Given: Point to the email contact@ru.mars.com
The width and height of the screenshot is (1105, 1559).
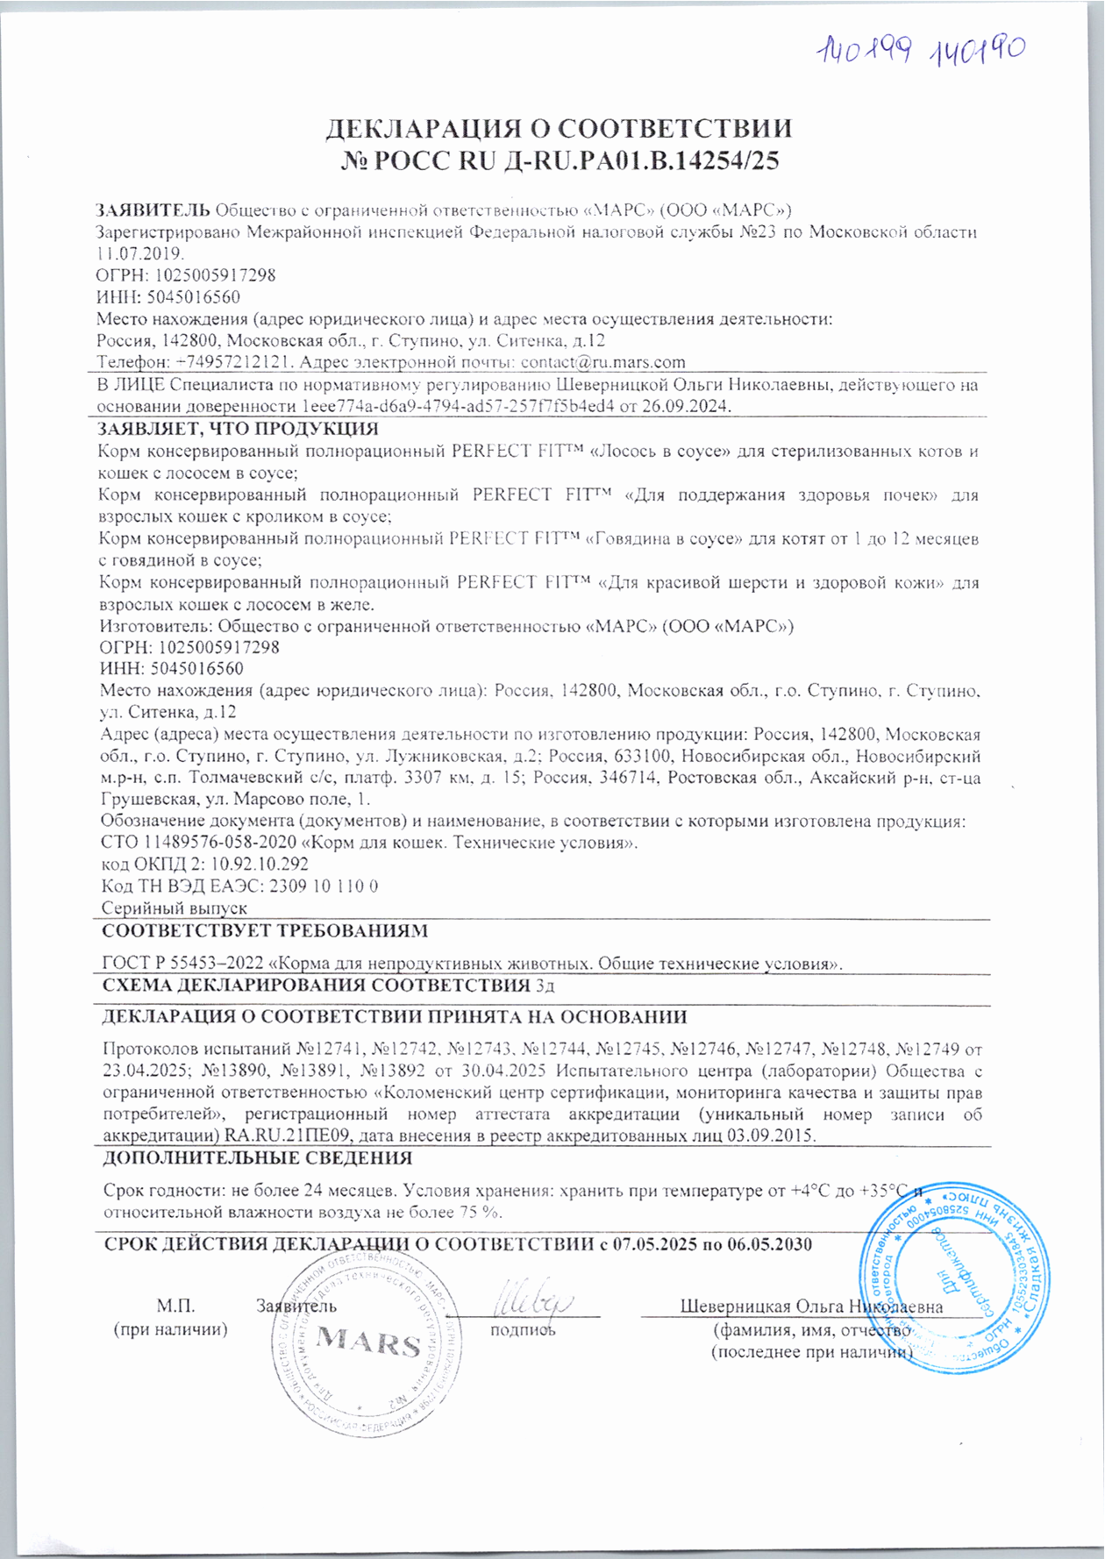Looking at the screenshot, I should (602, 362).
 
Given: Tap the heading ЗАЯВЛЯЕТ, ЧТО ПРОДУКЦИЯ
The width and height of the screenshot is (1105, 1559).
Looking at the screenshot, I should (238, 430).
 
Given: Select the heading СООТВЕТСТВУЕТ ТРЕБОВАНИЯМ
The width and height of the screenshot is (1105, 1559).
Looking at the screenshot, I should (265, 930).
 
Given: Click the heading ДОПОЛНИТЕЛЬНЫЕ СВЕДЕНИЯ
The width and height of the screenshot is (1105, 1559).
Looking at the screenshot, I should (258, 1157).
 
